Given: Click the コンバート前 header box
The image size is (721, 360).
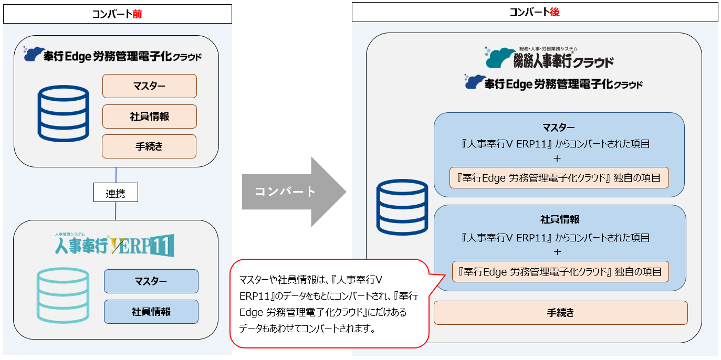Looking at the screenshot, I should click(117, 14).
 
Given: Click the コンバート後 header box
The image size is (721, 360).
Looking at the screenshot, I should click(534, 13).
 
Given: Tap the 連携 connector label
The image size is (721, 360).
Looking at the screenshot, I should click(116, 193).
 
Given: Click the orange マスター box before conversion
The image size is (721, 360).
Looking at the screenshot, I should click(149, 86).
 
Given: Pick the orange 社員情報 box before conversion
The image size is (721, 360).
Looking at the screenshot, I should click(149, 117).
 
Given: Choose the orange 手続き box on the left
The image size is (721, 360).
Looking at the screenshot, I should click(149, 146).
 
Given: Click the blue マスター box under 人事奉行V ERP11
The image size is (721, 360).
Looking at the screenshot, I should click(151, 281).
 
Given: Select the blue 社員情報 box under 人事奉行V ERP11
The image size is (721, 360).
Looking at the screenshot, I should click(151, 312).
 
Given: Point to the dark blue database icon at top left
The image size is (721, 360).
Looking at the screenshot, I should click(63, 114).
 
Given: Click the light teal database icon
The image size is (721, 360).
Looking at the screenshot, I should click(62, 295).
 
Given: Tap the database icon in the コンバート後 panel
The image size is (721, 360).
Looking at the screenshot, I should click(402, 207).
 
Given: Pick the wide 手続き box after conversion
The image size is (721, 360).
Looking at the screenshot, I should click(560, 313).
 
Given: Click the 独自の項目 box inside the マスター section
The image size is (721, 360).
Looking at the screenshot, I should click(559, 178).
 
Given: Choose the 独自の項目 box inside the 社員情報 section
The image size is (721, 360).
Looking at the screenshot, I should click(560, 272).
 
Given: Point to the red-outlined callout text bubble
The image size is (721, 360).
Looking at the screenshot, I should click(328, 303).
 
